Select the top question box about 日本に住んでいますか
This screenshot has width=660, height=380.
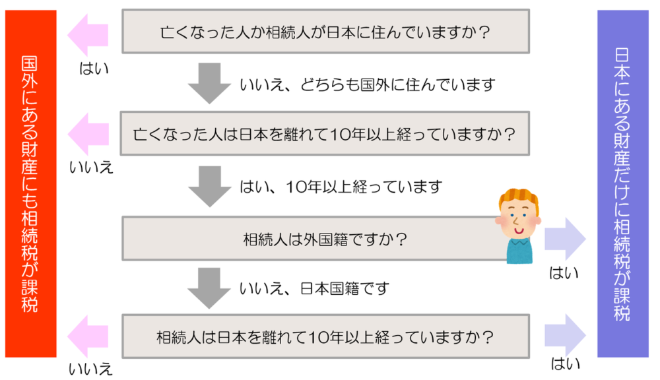click(325, 32)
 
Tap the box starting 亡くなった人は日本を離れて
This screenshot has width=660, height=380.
click(325, 133)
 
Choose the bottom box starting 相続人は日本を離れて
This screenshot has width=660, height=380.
click(325, 336)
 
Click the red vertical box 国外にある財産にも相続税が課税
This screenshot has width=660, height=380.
click(31, 184)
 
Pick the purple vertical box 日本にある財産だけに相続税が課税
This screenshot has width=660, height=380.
click(623, 184)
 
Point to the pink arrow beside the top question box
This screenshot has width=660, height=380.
click(88, 35)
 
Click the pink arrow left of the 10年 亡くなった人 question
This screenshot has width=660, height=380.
click(88, 134)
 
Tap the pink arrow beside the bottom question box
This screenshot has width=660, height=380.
click(88, 336)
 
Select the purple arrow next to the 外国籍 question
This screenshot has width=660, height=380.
click(566, 239)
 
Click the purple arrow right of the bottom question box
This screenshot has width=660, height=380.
click(566, 335)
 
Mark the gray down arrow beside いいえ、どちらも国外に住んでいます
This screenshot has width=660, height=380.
click(209, 83)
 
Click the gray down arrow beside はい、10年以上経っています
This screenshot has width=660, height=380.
click(210, 187)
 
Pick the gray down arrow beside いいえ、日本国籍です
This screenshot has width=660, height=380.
click(209, 288)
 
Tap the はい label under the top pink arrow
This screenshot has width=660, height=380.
click(94, 69)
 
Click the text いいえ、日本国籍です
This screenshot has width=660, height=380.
click(314, 289)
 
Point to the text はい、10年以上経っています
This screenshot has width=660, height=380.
click(341, 187)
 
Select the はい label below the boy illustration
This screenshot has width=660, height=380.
click(564, 273)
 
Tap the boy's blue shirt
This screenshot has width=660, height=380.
click(519, 251)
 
